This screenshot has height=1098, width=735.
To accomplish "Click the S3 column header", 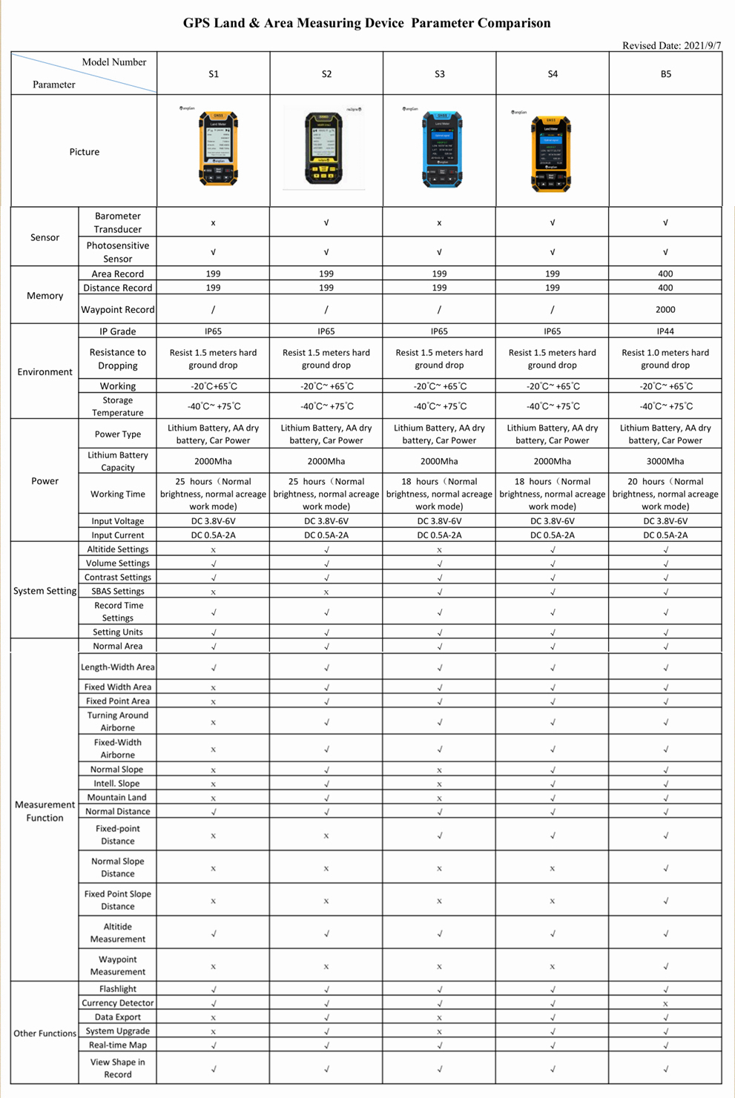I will [x=439, y=74].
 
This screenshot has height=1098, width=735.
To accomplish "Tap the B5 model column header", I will [x=665, y=74].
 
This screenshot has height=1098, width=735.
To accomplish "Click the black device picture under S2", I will [x=325, y=148].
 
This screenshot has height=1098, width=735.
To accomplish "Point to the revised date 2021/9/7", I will [x=671, y=46].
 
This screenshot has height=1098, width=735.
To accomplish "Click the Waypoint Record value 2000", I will [x=665, y=310].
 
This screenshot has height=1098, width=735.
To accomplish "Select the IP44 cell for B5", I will [x=665, y=331].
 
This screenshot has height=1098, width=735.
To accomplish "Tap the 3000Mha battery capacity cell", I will [x=665, y=461].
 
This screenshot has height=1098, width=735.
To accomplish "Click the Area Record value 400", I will [x=665, y=274].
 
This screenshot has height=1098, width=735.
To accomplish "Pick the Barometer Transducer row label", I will [x=117, y=222].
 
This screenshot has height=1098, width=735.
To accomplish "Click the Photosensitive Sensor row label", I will [x=117, y=252].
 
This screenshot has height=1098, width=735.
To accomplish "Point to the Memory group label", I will [x=45, y=296].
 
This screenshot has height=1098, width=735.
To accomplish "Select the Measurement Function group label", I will [x=45, y=811].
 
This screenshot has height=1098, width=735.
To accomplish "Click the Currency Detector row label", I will [x=117, y=1003].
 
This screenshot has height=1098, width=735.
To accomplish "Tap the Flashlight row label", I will [x=117, y=989].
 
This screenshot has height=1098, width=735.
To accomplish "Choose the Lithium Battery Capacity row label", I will [x=117, y=461].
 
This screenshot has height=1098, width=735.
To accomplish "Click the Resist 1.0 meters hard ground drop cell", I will [x=665, y=359].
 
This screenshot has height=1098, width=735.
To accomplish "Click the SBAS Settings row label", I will [x=117, y=592].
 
